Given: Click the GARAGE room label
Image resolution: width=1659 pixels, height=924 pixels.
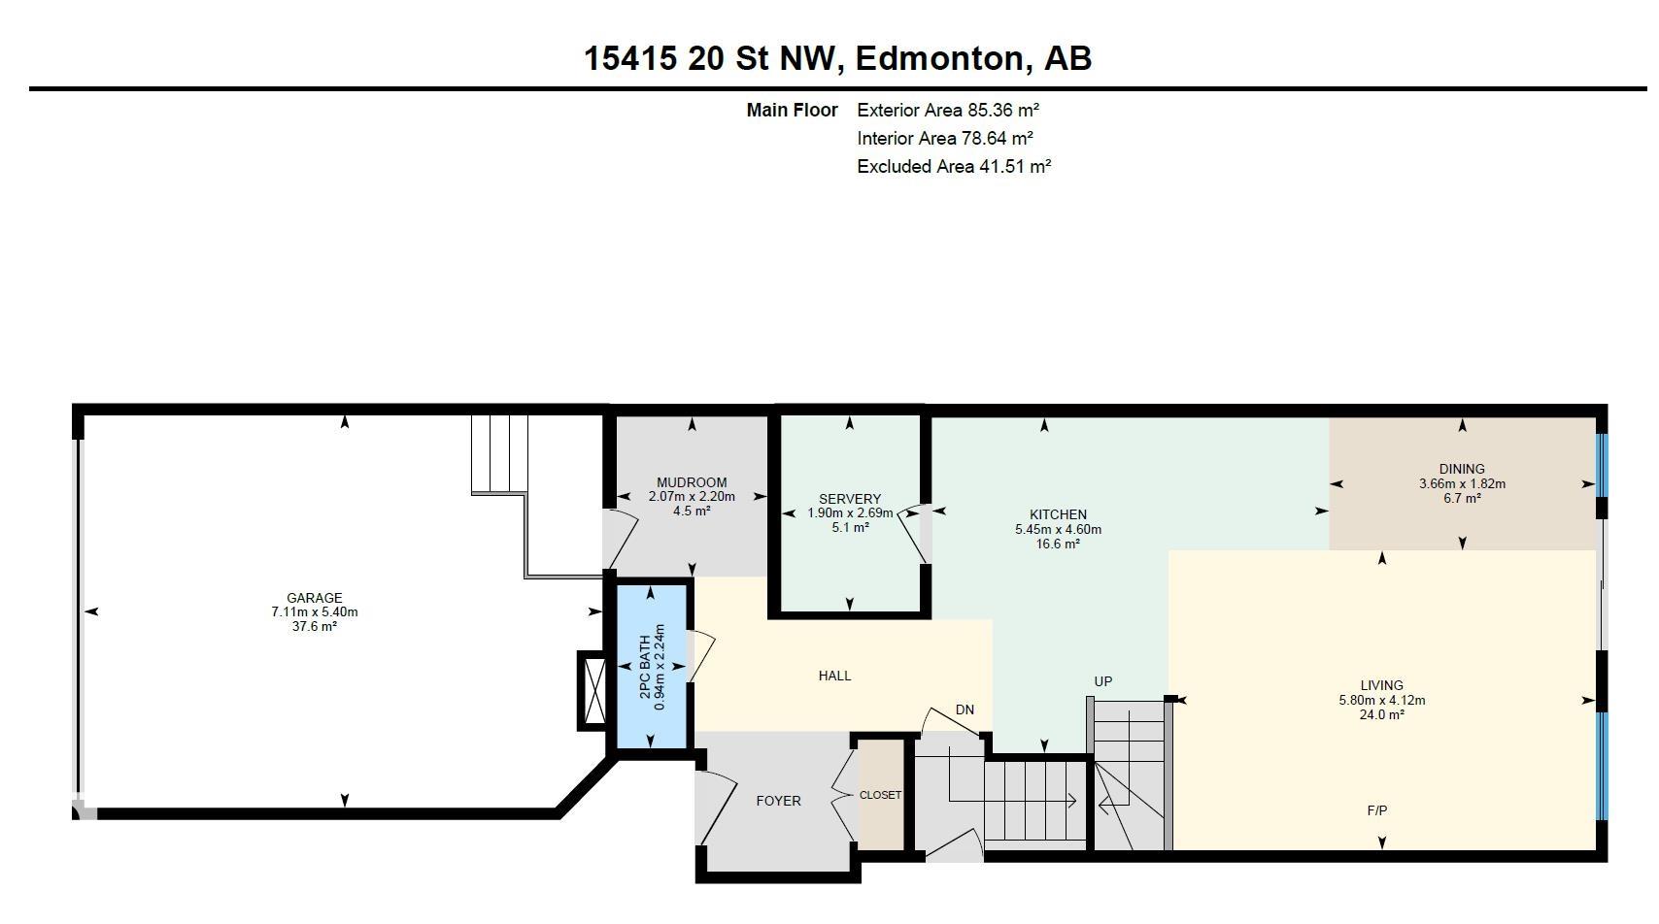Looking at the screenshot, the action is [x=315, y=598].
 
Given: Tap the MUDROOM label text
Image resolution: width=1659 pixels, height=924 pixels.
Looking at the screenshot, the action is [x=692, y=482].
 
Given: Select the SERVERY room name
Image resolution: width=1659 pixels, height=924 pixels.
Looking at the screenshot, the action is [x=850, y=499].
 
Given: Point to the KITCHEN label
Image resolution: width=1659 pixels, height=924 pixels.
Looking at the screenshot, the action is [x=1058, y=514].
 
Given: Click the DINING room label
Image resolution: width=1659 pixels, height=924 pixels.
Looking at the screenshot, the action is [x=1462, y=469].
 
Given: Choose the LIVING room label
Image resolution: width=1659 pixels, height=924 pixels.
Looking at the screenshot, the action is [x=1381, y=686].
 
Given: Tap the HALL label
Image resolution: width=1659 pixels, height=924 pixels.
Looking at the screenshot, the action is [x=834, y=676].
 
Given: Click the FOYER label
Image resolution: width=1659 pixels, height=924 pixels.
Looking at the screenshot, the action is [x=778, y=801].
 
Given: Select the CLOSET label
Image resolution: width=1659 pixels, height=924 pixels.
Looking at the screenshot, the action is [x=881, y=795].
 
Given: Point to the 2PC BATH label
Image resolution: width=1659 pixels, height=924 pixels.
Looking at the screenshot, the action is [x=645, y=667].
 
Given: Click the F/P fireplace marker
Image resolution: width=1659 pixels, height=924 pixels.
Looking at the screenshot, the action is [x=1376, y=810].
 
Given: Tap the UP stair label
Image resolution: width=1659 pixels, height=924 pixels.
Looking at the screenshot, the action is [x=1103, y=681].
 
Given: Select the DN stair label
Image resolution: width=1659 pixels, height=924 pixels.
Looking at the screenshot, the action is [x=965, y=710].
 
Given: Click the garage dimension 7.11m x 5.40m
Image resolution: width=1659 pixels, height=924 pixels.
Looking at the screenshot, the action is [x=315, y=611].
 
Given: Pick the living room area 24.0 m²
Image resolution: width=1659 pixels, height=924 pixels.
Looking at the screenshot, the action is [x=1381, y=714].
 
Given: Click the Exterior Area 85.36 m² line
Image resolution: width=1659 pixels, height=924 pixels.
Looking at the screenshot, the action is [x=948, y=111].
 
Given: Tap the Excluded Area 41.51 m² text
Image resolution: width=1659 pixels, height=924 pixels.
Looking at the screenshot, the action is [x=954, y=166].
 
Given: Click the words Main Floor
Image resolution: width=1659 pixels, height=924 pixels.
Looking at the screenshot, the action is [x=792, y=111].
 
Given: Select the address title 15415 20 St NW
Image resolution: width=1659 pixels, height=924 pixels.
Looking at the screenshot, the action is [x=714, y=58].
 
